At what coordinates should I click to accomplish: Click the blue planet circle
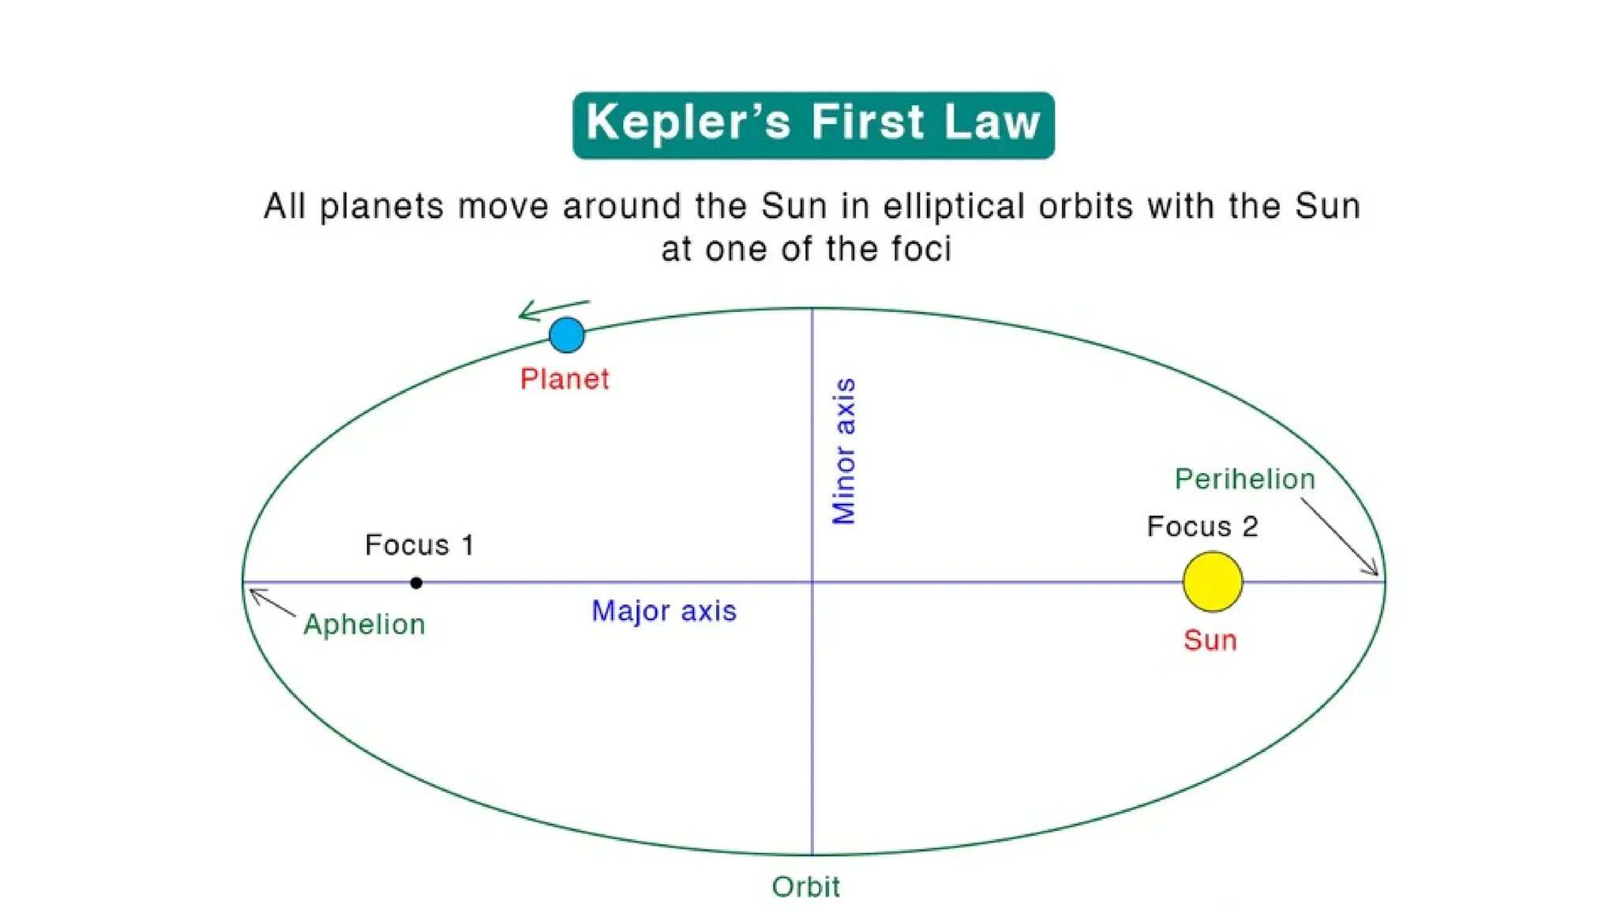[x=566, y=335]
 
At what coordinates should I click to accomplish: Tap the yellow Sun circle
[x=1212, y=582]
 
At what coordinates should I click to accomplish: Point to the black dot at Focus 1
[x=416, y=583]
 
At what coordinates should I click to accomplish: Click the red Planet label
[x=565, y=379]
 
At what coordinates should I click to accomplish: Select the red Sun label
[x=1210, y=640]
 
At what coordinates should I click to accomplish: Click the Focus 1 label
[x=419, y=545]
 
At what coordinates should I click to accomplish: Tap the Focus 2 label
[x=1202, y=526]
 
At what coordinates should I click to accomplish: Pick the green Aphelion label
[x=364, y=625]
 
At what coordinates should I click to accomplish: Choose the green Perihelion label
[x=1244, y=479]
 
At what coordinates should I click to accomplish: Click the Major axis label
[x=664, y=611]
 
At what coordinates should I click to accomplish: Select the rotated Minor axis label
[x=844, y=451]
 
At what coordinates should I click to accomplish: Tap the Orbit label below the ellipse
[x=805, y=887]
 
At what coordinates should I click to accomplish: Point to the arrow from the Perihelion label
[x=1340, y=536]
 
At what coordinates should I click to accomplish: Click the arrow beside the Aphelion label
[x=271, y=602]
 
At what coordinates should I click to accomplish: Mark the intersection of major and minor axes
[x=812, y=582]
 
